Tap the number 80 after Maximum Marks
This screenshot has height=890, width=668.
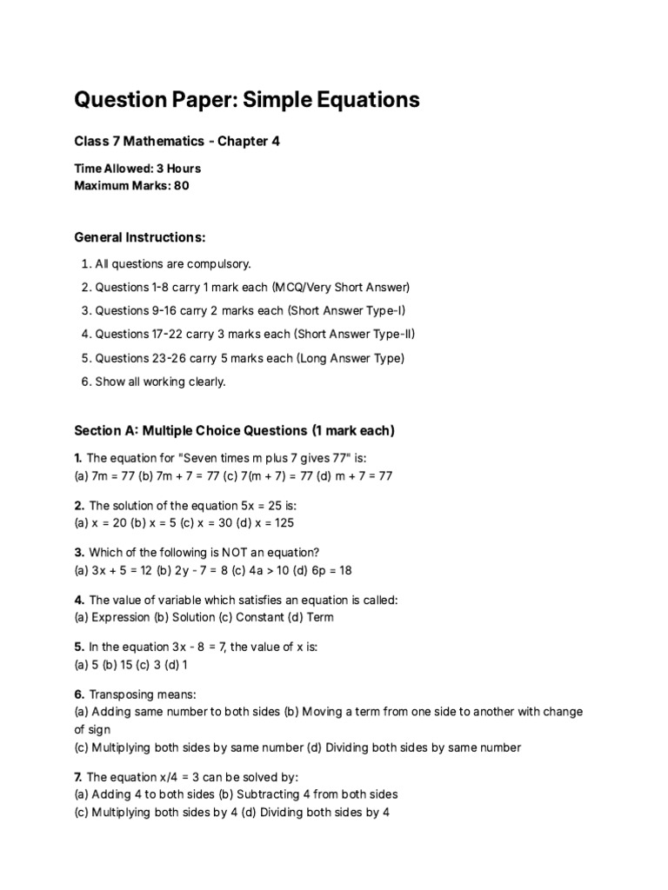click(181, 185)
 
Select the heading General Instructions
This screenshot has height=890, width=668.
click(140, 237)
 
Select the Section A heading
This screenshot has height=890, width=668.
click(234, 430)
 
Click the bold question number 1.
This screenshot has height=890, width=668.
click(78, 458)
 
